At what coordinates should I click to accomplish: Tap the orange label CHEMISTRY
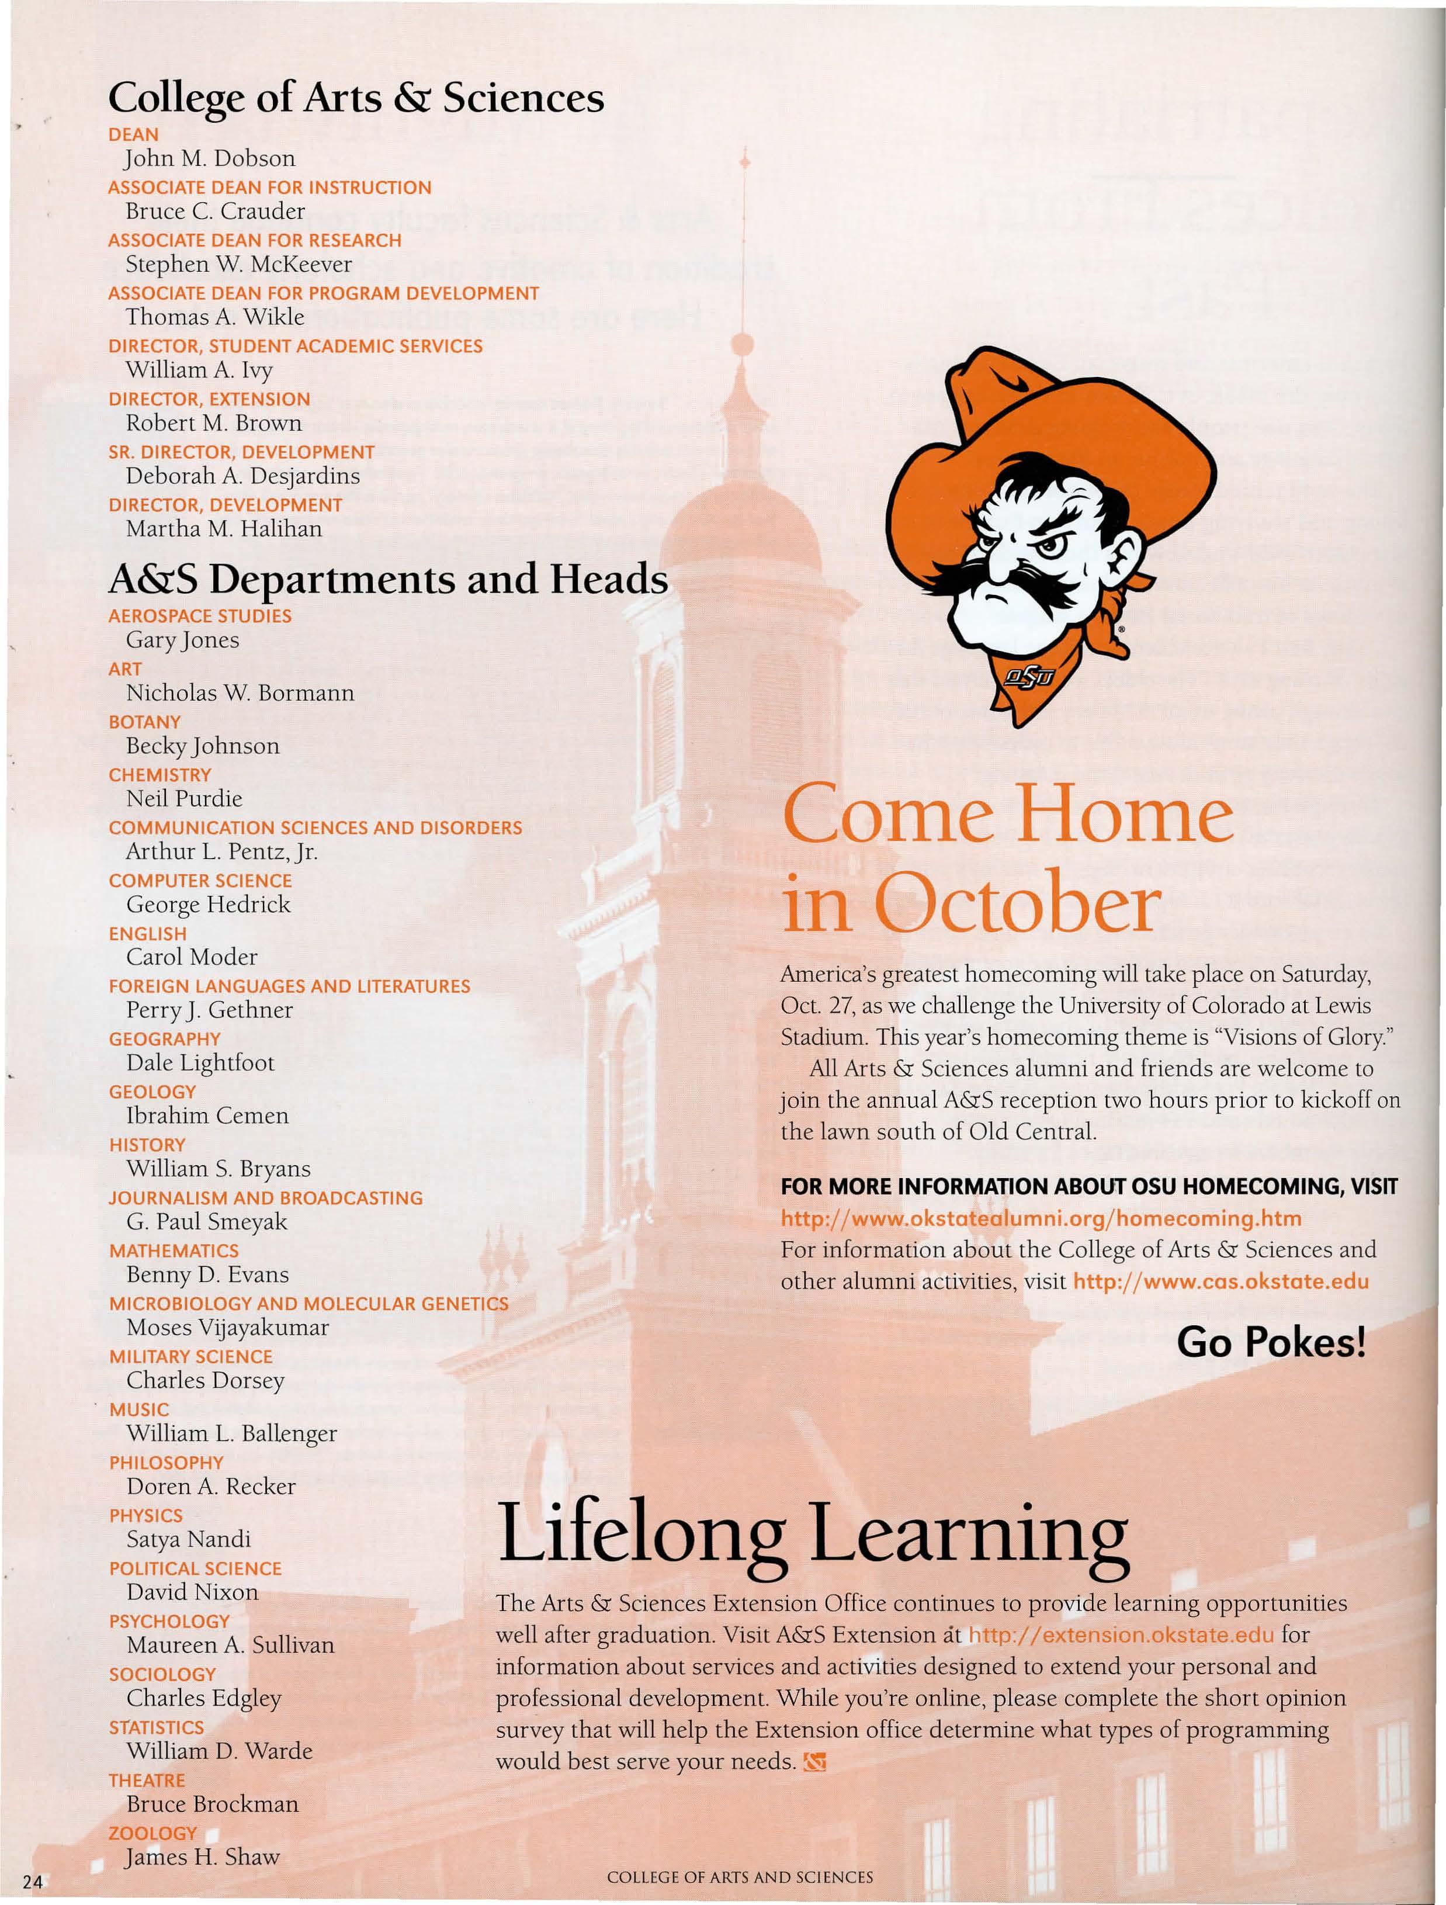[x=159, y=775]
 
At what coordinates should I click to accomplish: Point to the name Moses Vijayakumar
[x=227, y=1327]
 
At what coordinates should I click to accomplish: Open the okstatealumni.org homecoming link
[x=1041, y=1218]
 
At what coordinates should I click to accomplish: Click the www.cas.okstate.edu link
[x=1220, y=1281]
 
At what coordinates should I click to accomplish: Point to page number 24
[x=32, y=1882]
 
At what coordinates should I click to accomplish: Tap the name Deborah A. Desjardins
[x=243, y=476]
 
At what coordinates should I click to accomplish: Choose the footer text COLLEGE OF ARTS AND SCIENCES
[x=740, y=1876]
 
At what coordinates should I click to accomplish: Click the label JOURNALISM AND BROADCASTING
[x=265, y=1198]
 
